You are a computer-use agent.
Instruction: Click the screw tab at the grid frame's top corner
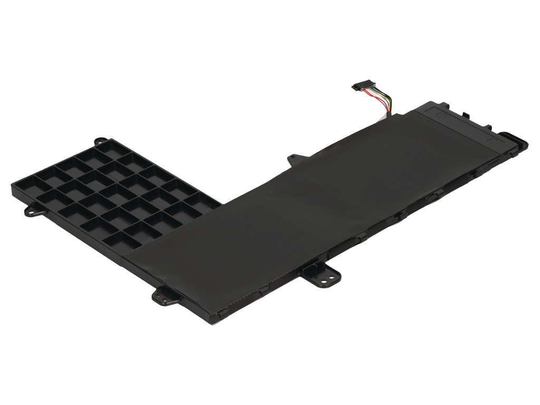point(98,141)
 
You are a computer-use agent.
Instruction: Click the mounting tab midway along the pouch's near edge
point(324,275)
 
